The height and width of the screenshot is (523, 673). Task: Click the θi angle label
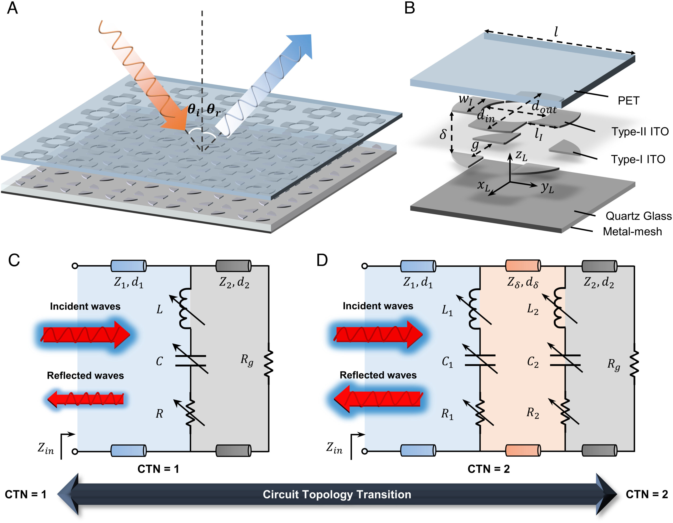pos(193,109)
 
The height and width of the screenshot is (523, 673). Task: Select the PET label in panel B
pos(628,101)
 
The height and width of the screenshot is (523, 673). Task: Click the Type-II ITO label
pos(640,132)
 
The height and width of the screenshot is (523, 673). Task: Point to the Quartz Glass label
pos(638,216)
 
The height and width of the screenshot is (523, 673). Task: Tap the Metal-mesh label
pos(632,231)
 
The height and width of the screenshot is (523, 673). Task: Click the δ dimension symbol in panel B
pos(443,134)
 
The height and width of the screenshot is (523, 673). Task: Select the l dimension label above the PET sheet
pos(556,32)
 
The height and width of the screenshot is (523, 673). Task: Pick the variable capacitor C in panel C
pos(190,360)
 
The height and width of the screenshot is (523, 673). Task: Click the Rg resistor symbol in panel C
pos(268,363)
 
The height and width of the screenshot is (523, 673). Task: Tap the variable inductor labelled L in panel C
pos(186,308)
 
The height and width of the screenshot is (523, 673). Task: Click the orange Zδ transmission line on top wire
pos(523,266)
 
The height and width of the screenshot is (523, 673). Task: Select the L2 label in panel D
pos(533,309)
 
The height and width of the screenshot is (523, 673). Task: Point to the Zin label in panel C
pos(45,449)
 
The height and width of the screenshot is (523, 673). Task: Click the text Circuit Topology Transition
pos(337,494)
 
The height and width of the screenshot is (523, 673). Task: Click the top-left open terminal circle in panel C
pos(75,266)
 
